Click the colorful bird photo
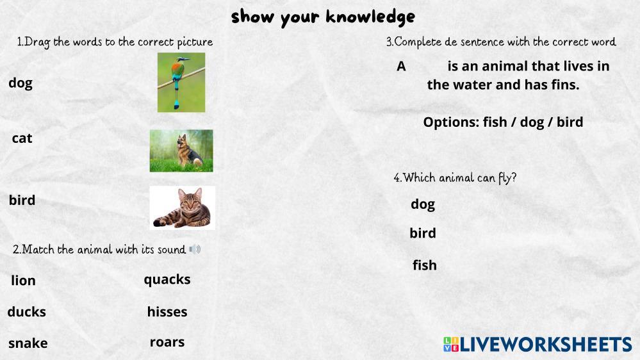click(x=181, y=82)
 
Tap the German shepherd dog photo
click(x=181, y=151)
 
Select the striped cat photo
click(x=182, y=208)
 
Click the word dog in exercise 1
click(x=21, y=83)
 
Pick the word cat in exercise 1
click(x=22, y=138)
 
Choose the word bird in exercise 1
click(x=22, y=200)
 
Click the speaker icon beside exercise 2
click(x=195, y=249)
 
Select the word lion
click(x=23, y=281)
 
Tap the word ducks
click(x=26, y=312)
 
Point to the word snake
click(x=28, y=343)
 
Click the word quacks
click(x=167, y=280)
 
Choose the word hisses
click(x=167, y=312)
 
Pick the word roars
click(x=167, y=342)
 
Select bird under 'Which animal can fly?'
click(x=423, y=233)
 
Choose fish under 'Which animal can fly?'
click(x=425, y=265)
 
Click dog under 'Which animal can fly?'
click(x=423, y=204)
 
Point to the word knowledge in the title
click(x=371, y=17)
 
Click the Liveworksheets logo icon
click(x=451, y=344)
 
